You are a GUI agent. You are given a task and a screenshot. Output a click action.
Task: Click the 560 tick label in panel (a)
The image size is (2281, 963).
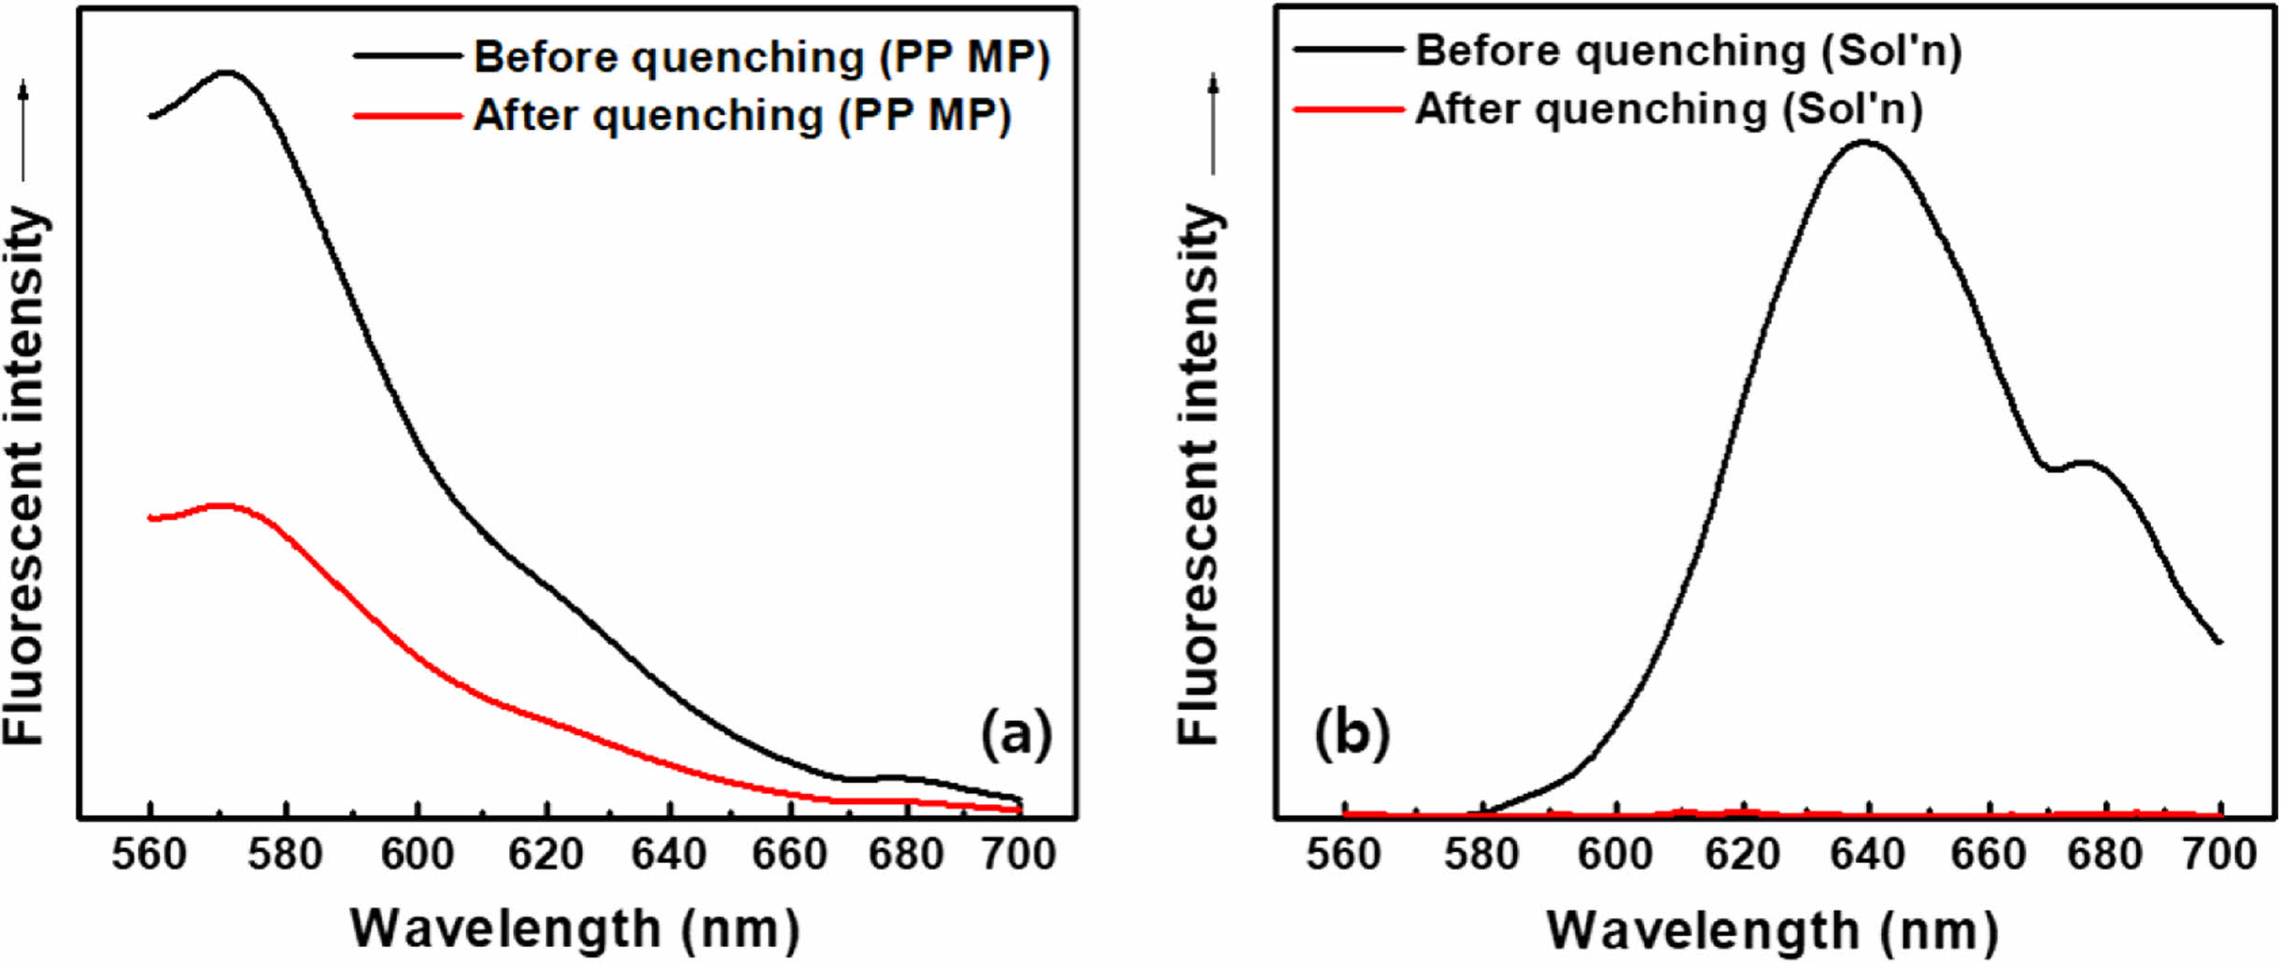tap(149, 855)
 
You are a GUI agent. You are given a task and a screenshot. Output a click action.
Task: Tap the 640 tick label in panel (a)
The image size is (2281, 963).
tap(669, 855)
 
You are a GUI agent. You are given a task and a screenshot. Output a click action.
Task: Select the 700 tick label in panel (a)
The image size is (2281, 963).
tap(1019, 855)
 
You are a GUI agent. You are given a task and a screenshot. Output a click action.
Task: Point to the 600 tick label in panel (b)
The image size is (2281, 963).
tap(1615, 855)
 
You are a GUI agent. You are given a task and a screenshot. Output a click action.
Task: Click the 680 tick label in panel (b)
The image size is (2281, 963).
tap(2104, 855)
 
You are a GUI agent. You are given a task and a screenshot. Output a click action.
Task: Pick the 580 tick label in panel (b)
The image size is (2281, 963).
tap(1481, 855)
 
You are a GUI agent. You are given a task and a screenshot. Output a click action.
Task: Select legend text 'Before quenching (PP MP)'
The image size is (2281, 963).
tap(761, 57)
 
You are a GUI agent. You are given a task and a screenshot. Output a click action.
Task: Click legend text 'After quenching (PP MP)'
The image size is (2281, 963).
tap(742, 116)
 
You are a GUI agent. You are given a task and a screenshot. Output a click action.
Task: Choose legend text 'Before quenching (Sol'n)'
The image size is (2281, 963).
tap(1689, 50)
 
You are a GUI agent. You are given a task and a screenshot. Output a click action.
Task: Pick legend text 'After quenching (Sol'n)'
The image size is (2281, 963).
tap(1669, 109)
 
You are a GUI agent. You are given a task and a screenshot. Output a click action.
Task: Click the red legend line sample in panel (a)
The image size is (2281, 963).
tap(407, 116)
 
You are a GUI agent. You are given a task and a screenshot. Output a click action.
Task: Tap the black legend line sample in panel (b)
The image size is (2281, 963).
tap(1349, 49)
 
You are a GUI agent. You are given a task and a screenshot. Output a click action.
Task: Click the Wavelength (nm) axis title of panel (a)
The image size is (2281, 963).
tap(574, 928)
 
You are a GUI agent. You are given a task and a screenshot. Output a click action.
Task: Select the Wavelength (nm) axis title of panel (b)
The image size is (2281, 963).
tap(1772, 930)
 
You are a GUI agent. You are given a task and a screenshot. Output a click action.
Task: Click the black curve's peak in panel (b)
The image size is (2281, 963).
tap(1864, 142)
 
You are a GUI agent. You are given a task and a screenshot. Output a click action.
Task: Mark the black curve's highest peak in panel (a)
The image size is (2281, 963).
tap(225, 72)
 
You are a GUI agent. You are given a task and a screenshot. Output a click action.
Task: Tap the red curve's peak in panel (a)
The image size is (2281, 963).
tap(221, 505)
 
